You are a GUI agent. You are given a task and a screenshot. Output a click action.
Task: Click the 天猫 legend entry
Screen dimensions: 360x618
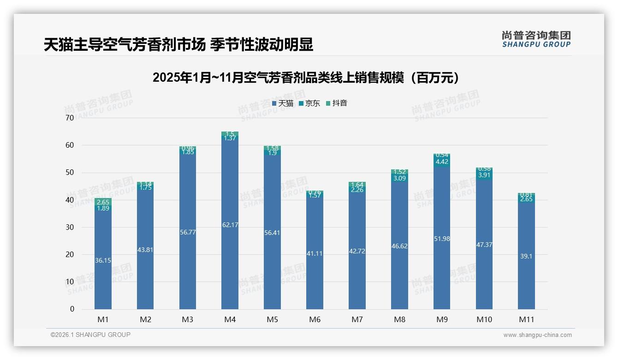click(x=283, y=103)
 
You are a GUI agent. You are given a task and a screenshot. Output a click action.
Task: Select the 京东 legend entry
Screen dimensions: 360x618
click(x=309, y=103)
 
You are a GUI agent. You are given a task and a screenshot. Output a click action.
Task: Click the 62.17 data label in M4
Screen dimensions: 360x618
click(x=230, y=225)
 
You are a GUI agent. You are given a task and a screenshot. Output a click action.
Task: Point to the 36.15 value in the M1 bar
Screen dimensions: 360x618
click(x=103, y=260)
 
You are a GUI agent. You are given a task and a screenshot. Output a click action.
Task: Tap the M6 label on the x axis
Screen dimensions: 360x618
click(x=315, y=319)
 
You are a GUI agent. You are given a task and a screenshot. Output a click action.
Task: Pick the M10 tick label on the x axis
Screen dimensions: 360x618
click(x=484, y=319)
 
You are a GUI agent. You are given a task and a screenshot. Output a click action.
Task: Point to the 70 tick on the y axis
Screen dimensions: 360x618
click(x=70, y=118)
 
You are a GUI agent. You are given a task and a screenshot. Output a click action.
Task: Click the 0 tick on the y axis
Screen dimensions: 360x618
click(x=72, y=309)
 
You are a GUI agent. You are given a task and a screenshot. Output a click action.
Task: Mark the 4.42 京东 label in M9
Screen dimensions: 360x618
click(x=441, y=162)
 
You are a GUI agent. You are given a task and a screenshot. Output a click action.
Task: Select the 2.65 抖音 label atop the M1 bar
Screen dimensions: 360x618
click(x=103, y=202)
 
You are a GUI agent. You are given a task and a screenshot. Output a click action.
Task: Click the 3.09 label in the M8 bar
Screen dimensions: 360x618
click(x=399, y=178)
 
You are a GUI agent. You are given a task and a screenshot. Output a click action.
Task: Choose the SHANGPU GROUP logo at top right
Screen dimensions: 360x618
click(x=536, y=39)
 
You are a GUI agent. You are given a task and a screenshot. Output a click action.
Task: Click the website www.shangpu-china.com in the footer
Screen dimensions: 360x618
click(x=537, y=335)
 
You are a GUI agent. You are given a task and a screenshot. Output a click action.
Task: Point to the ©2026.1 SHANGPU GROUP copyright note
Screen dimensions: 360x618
click(x=90, y=335)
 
